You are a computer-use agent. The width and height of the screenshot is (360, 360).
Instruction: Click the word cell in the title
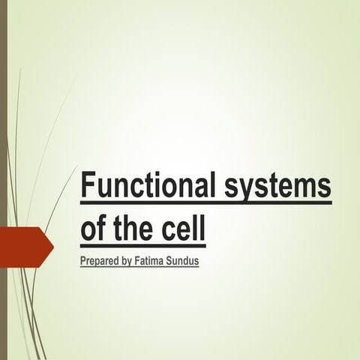tap(183, 227)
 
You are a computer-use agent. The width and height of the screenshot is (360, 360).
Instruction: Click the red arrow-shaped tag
tap(22, 247)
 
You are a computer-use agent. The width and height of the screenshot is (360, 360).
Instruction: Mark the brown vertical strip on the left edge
tap(3, 180)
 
